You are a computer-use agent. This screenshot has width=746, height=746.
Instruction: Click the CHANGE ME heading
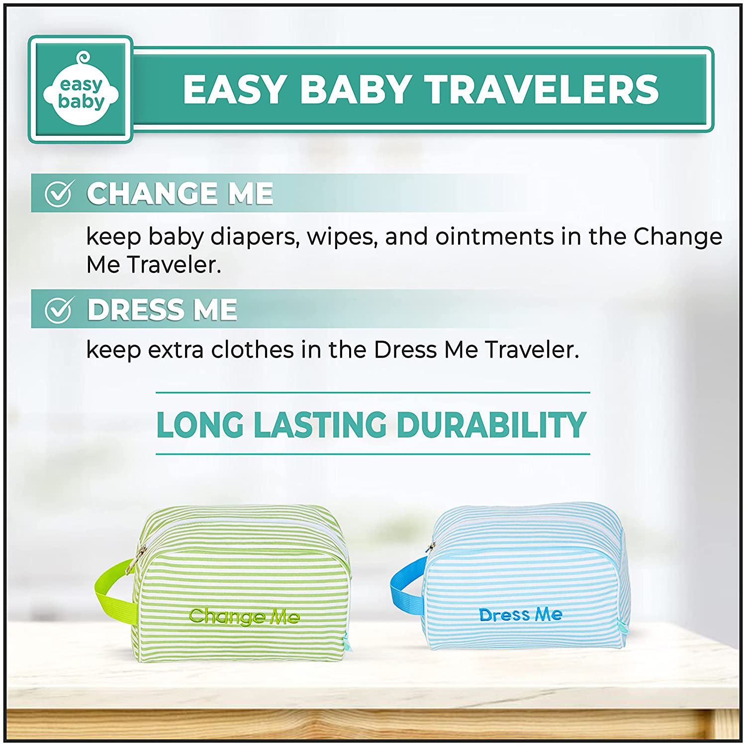(180, 193)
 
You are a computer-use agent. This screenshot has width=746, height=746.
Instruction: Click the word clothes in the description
(253, 350)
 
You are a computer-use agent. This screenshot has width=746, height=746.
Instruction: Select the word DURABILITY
(491, 425)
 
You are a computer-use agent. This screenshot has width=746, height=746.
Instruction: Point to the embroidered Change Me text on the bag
(244, 616)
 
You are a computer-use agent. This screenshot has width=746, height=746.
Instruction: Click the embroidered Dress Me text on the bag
(521, 615)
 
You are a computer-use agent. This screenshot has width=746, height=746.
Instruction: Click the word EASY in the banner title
(234, 90)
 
